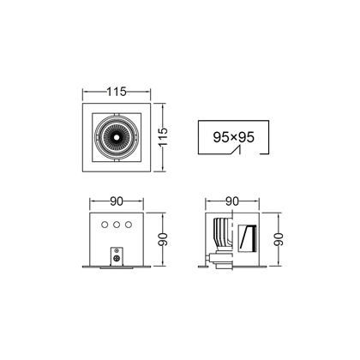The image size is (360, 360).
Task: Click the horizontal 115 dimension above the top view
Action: coord(117,92)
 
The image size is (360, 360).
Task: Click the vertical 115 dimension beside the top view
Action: coord(163,137)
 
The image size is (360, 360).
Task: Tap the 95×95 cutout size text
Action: coord(233,137)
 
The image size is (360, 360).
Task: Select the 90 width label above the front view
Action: coord(117,201)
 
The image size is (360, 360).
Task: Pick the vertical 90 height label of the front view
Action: coord(163,239)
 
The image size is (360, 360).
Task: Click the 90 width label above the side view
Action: coord(232,201)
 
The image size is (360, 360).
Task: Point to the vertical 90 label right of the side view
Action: coord(278,239)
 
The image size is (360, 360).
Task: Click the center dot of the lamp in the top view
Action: coord(117,137)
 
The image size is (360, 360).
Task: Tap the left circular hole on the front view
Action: coord(105,225)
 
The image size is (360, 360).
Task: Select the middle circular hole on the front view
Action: coord(117,225)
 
